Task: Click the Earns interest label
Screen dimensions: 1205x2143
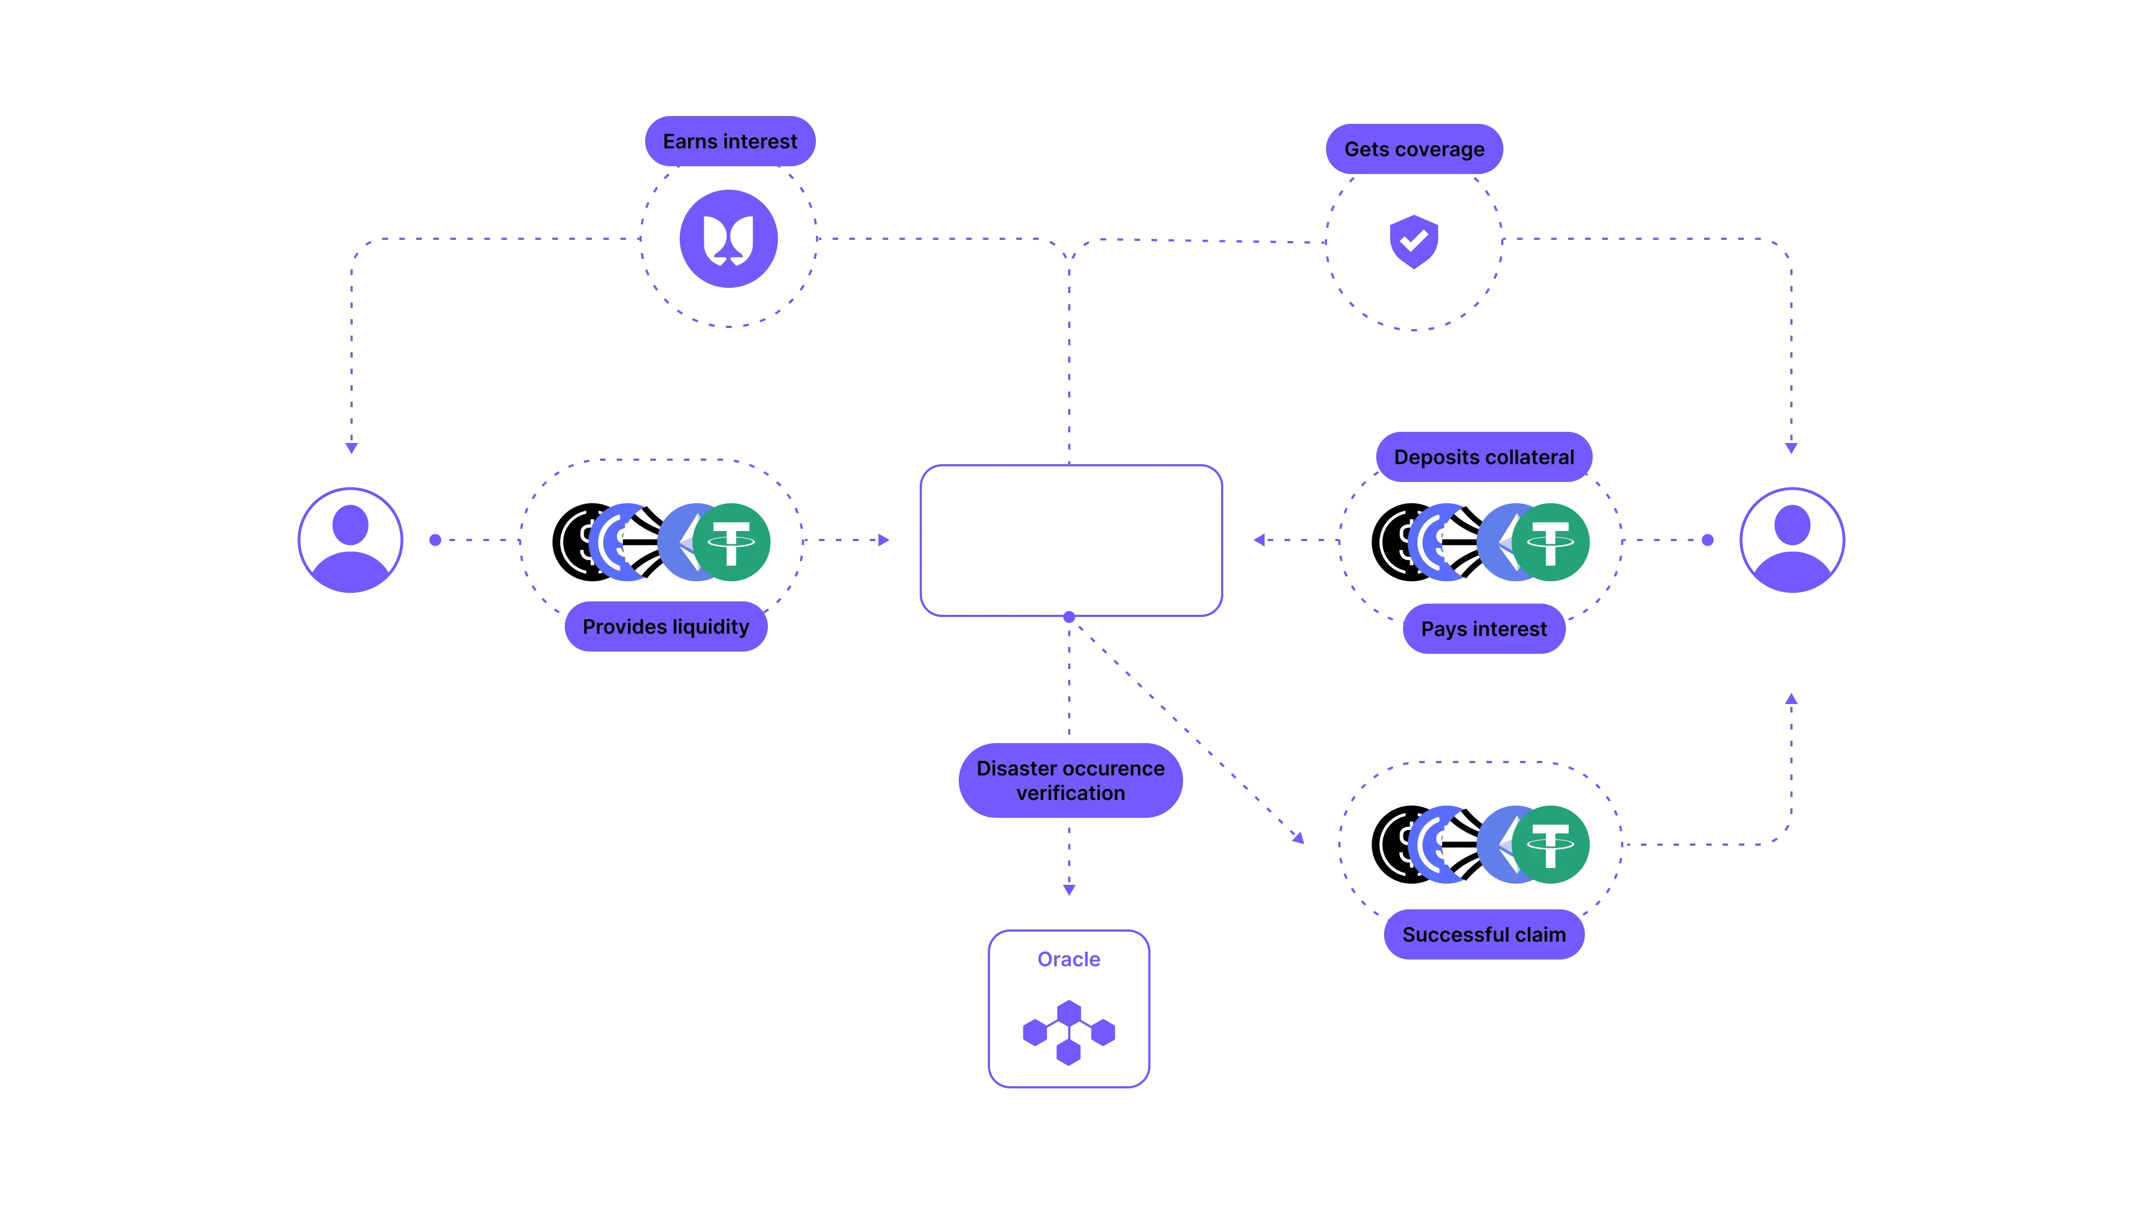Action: click(729, 141)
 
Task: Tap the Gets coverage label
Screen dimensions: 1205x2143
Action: click(1414, 149)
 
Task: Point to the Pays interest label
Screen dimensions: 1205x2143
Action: click(1483, 629)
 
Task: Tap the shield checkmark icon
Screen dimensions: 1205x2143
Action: click(1414, 241)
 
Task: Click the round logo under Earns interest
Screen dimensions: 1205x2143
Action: click(729, 239)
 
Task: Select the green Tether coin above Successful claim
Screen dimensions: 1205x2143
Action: click(1550, 844)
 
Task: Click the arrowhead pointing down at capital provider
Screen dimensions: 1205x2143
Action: click(351, 447)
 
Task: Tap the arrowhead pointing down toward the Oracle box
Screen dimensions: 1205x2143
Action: click(1069, 889)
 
